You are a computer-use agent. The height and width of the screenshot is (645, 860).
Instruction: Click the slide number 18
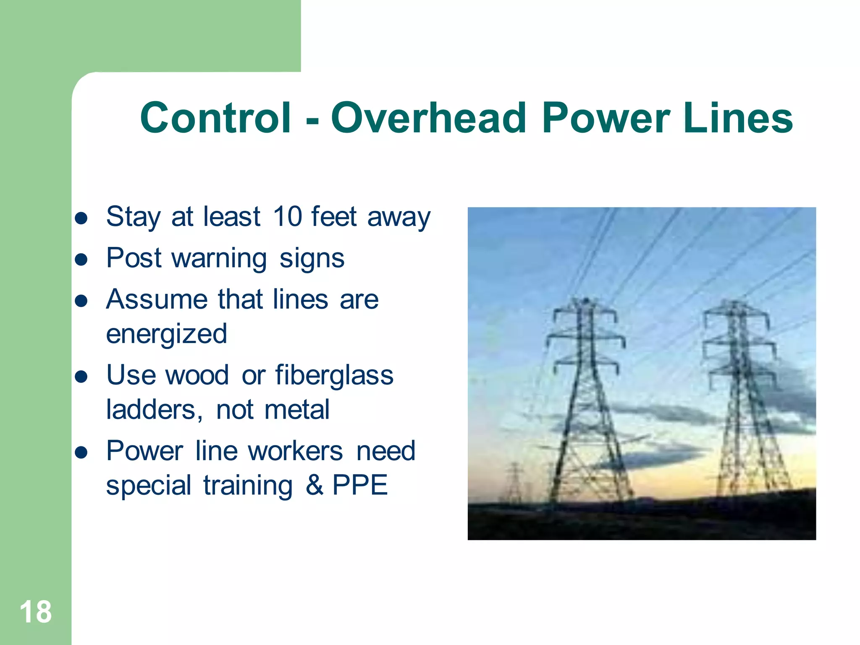coord(36,612)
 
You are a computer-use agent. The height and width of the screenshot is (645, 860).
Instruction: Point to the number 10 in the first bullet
coord(287,217)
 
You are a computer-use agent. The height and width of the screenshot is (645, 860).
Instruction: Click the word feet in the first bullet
coord(334,217)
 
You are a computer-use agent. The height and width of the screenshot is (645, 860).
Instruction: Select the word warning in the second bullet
coord(219,258)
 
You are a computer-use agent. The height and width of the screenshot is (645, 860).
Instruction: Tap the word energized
coord(166,334)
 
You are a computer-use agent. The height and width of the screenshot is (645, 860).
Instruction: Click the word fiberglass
coord(334,375)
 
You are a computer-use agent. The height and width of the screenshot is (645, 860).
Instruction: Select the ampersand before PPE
coord(314,485)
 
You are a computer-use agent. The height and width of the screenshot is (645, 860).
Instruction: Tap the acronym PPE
coord(360,485)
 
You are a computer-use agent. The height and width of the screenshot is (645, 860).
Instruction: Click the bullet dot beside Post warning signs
coord(81,260)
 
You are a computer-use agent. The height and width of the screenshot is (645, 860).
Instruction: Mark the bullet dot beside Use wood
coord(81,377)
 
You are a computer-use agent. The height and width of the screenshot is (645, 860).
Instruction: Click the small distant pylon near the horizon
coord(515,479)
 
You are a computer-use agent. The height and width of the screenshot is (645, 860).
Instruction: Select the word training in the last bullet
coord(248,485)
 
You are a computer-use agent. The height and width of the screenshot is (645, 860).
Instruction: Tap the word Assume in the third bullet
coord(157,299)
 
